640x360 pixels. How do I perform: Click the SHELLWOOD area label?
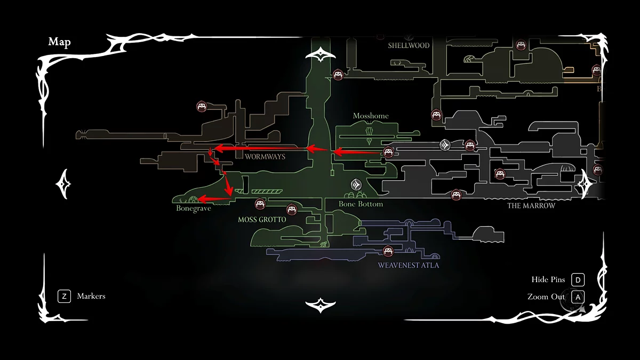(409, 46)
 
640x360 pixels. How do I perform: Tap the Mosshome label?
(371, 116)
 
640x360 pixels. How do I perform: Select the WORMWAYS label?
(265, 157)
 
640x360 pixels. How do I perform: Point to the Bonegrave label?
(194, 209)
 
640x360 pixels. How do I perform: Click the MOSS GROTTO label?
(262, 220)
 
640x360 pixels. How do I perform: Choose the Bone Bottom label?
(361, 204)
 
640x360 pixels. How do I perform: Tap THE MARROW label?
(531, 206)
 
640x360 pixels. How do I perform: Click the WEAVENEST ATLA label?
(409, 265)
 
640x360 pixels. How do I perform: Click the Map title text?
(60, 42)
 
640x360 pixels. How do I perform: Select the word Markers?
(91, 296)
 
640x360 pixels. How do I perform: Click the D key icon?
(578, 280)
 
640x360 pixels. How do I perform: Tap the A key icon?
(578, 297)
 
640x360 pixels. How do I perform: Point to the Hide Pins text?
(548, 280)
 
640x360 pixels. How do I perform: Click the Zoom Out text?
(546, 297)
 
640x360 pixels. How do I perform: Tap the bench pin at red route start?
(388, 152)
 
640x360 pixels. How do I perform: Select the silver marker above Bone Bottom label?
(356, 185)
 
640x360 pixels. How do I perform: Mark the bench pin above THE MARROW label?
(456, 195)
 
